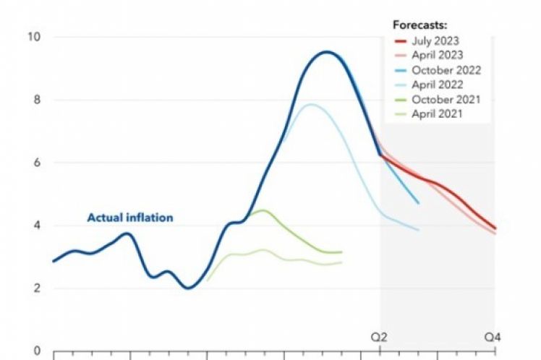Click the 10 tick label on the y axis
(33, 37)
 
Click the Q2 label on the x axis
(380, 336)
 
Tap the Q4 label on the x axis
(493, 336)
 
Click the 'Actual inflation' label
(130, 216)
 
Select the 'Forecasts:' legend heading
(417, 25)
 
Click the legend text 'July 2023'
(436, 40)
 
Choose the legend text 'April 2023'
(438, 55)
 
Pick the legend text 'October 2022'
(446, 70)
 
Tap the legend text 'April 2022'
(438, 85)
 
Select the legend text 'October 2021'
(446, 99)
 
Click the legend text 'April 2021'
(438, 113)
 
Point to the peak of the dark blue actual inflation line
(327, 52)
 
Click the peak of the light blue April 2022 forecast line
(311, 104)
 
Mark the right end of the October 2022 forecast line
(418, 203)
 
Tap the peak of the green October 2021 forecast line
(263, 210)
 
